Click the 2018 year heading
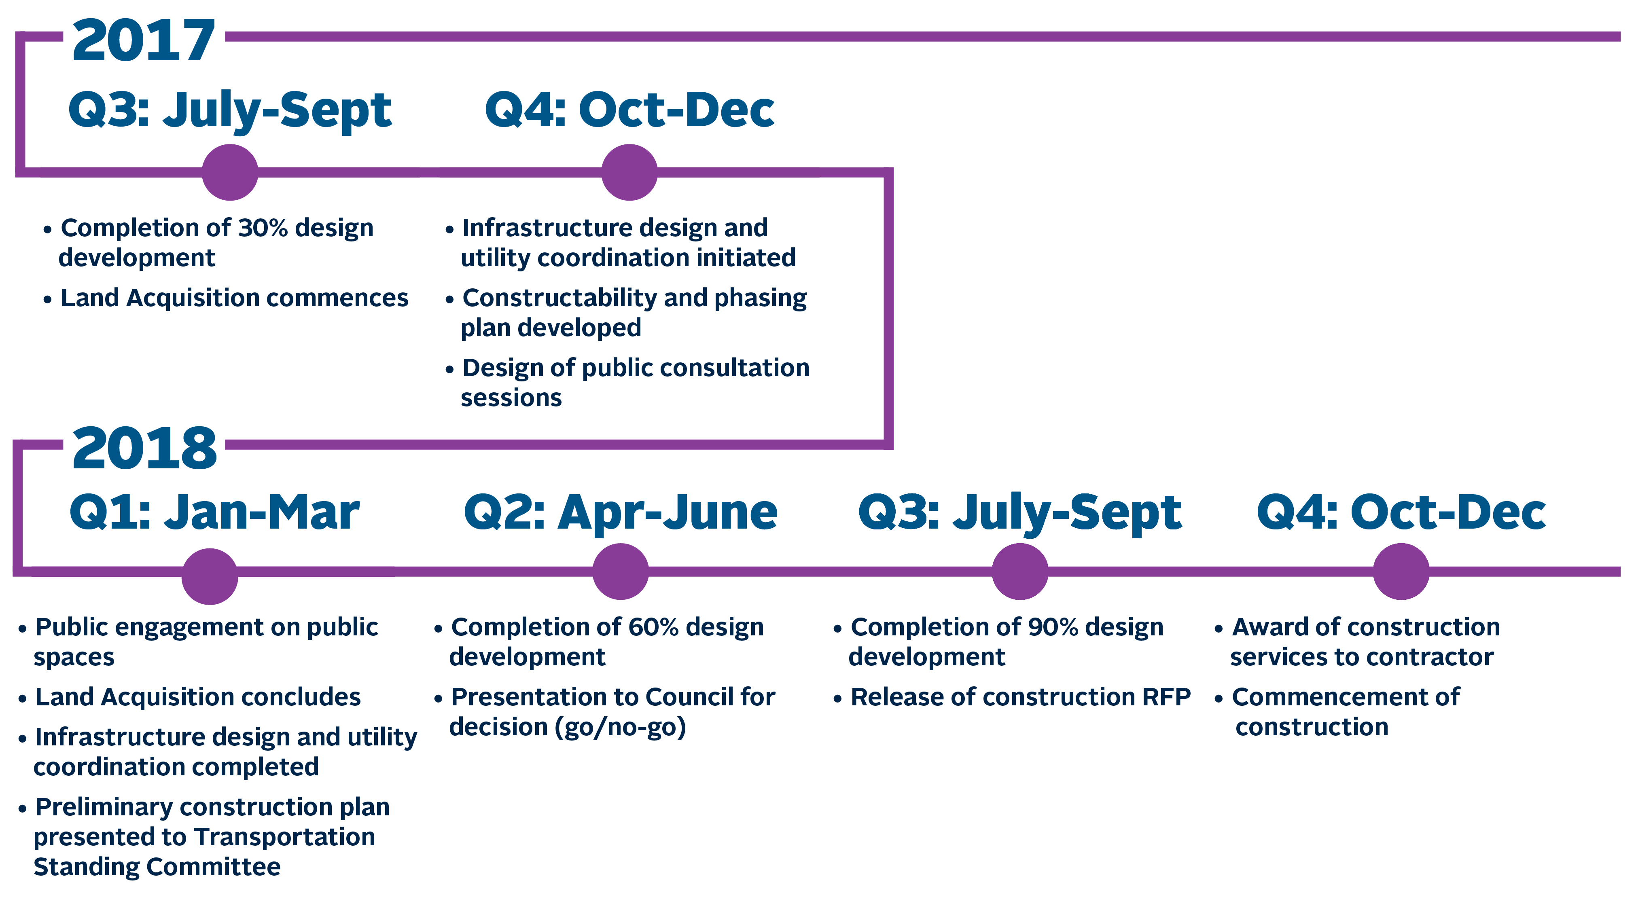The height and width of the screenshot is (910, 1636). tap(145, 449)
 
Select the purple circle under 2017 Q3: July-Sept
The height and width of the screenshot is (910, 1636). tap(230, 172)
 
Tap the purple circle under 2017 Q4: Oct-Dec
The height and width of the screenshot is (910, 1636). tap(629, 172)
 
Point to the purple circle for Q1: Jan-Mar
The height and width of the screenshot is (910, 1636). tap(210, 576)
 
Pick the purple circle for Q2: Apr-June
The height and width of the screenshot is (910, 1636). tap(621, 571)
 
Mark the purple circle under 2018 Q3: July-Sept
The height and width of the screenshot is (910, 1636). tap(1020, 571)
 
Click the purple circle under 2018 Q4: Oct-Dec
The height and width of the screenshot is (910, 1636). tap(1401, 571)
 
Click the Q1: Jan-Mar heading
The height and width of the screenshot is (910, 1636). tap(215, 512)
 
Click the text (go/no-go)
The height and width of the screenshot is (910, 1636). tap(621, 727)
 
